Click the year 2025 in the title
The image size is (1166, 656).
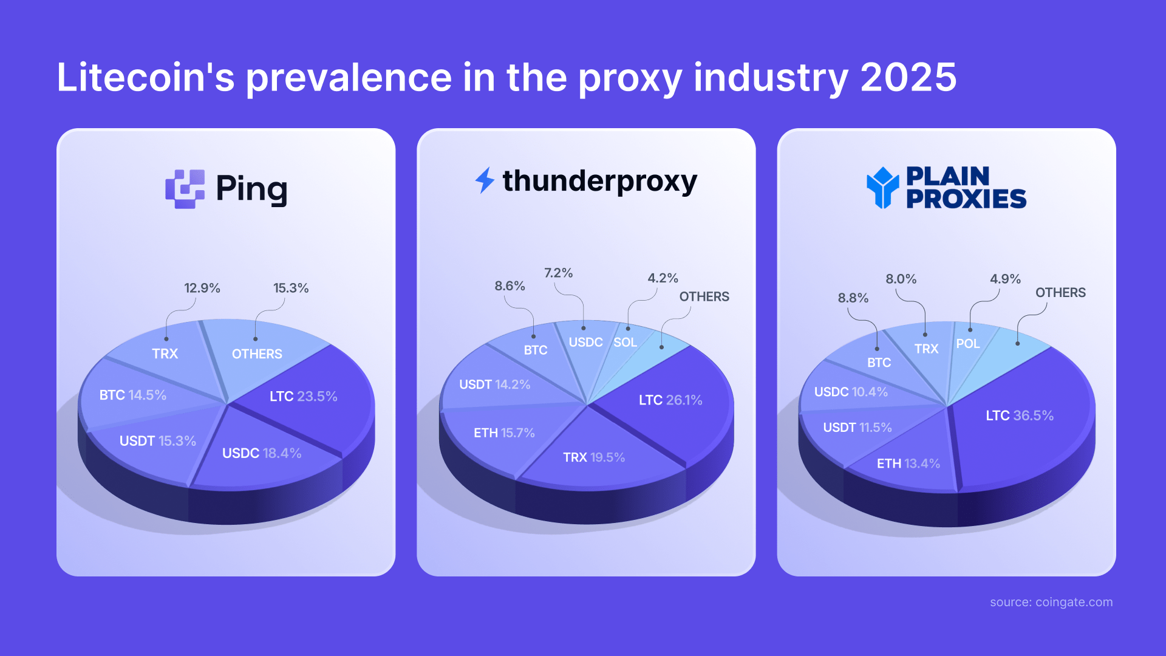908,78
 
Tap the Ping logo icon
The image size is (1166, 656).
185,189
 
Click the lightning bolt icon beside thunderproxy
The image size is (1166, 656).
485,180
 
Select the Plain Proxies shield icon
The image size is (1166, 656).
882,188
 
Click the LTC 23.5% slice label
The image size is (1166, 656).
303,396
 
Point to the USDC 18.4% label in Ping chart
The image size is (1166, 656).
261,453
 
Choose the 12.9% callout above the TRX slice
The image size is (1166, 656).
202,288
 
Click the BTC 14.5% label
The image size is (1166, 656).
132,395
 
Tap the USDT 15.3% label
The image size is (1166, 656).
157,441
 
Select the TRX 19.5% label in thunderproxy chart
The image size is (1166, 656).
593,457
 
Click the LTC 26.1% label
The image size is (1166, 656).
670,400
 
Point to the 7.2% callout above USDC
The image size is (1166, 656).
558,273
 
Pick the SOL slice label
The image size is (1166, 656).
625,342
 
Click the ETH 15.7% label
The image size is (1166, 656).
504,433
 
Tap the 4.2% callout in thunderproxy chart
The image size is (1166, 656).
663,278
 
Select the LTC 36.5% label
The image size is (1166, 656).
1019,415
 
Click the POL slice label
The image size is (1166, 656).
967,344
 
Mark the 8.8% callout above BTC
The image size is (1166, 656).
853,298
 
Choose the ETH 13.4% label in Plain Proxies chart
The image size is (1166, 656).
908,463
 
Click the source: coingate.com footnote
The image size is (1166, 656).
1051,602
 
